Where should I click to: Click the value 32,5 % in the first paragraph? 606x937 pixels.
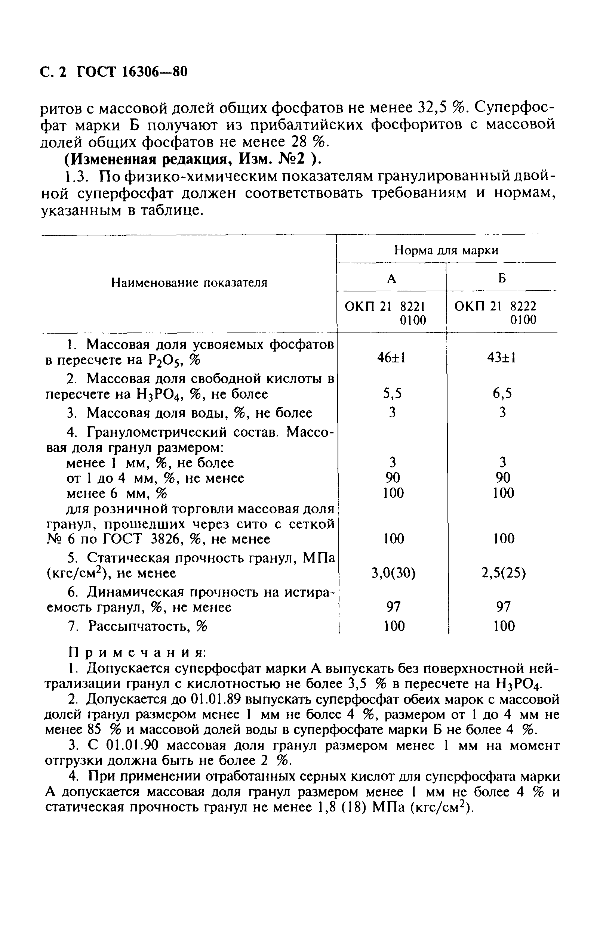click(435, 107)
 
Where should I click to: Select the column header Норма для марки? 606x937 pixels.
click(446, 250)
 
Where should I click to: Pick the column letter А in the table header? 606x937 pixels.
click(391, 279)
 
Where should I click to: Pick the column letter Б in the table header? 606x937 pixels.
click(501, 279)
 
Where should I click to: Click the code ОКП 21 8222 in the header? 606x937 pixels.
click(495, 306)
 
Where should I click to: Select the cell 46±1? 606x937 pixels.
click(391, 358)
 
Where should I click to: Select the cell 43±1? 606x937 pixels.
click(501, 358)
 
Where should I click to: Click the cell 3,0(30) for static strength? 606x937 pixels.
click(393, 574)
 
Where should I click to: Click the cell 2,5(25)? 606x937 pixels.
click(503, 574)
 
